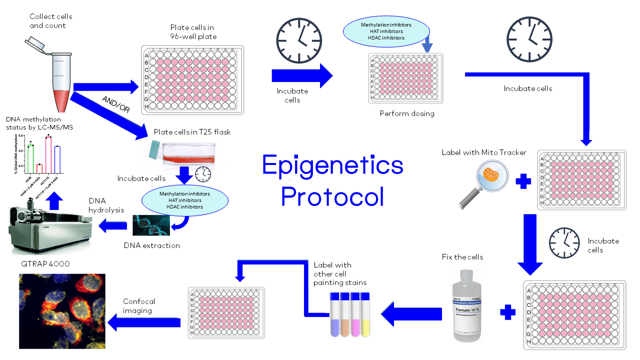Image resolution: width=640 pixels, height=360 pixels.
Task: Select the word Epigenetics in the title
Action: pyautogui.click(x=332, y=165)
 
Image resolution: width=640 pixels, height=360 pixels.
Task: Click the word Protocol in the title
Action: pyautogui.click(x=332, y=196)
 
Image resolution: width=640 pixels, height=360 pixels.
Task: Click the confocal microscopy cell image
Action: pyautogui.click(x=62, y=311)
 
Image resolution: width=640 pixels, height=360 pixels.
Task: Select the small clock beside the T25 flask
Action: pyautogui.click(x=203, y=174)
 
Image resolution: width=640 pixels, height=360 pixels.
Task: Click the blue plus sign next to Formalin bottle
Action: pyautogui.click(x=507, y=312)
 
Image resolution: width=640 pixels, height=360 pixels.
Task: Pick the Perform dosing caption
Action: pyautogui.click(x=407, y=113)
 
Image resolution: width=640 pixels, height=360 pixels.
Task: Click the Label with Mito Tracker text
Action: pyautogui.click(x=479, y=152)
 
